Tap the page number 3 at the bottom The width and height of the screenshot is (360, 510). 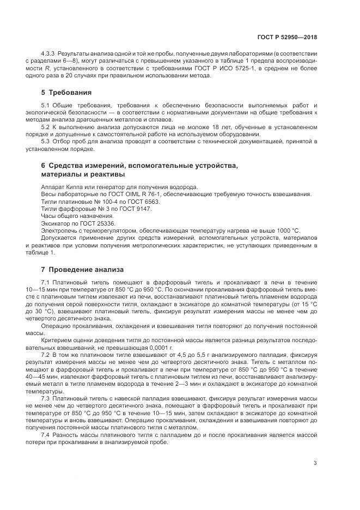tap(315, 464)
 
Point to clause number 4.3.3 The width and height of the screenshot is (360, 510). tap(48, 53)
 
